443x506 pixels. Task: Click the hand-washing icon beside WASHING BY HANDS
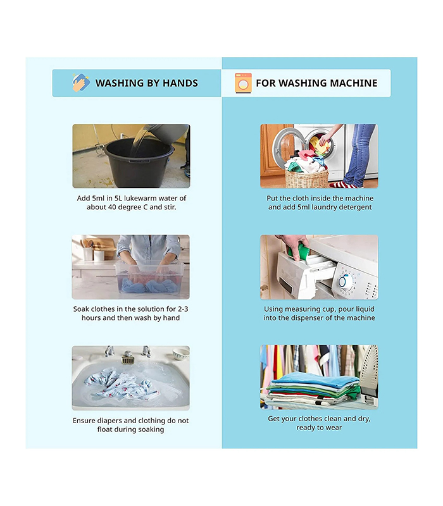click(x=81, y=83)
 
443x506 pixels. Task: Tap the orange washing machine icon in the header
click(x=243, y=83)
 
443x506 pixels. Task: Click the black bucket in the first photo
click(x=138, y=163)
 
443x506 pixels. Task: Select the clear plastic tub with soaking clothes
click(x=149, y=277)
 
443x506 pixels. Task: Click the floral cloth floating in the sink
click(x=122, y=384)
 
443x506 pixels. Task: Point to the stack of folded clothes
click(x=314, y=388)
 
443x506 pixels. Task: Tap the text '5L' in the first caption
click(x=118, y=198)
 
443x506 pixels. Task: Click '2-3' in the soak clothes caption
click(x=183, y=309)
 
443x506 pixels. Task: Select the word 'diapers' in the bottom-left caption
click(x=109, y=421)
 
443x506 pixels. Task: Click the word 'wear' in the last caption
click(x=334, y=428)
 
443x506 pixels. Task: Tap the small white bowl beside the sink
click(x=181, y=354)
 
